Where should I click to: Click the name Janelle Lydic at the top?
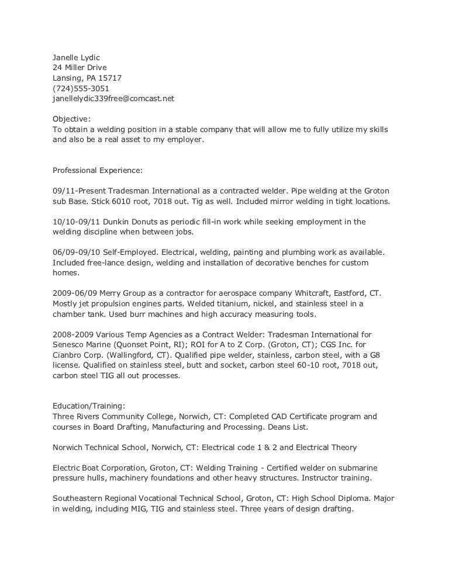[77, 57]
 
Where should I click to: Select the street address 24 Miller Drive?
[80, 68]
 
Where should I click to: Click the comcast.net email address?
[113, 99]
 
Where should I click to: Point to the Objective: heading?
[72, 119]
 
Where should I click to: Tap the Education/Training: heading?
[88, 407]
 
